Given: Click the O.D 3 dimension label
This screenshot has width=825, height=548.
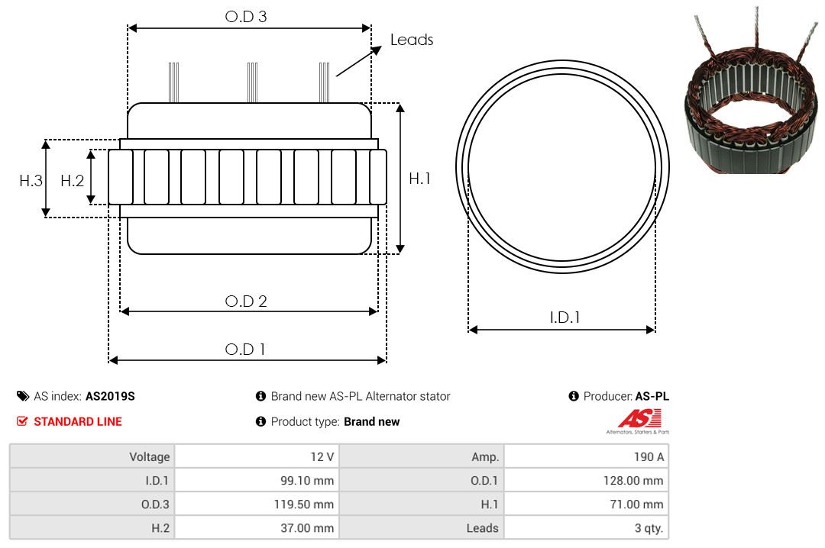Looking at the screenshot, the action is point(246,17).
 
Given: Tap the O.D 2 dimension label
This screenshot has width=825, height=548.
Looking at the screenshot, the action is point(246,301).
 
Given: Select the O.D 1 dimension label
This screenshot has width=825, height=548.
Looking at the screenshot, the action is point(244,350).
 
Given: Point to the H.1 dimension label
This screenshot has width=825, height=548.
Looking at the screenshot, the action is point(419,179).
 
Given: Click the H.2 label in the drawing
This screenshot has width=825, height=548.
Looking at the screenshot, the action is point(72,181).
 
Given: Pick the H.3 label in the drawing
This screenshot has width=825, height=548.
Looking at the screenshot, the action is point(31,181).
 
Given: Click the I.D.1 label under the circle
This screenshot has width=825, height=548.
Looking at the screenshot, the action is point(565,318).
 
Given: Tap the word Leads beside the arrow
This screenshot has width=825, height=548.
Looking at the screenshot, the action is point(412,40).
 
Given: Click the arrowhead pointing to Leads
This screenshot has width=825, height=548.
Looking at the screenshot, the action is point(376,50).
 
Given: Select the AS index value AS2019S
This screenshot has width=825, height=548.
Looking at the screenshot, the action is point(110,397).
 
